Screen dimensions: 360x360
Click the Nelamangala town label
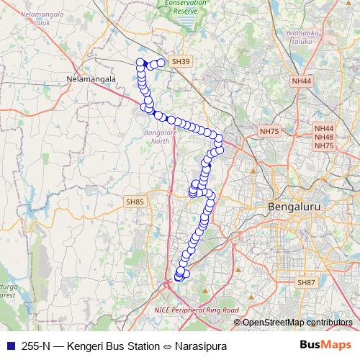[x=89, y=78]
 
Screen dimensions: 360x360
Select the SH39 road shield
[x=181, y=63]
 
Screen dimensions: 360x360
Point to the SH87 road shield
[x=307, y=283]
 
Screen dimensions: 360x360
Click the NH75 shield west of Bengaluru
[x=269, y=131]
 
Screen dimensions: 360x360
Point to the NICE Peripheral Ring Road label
[x=196, y=310]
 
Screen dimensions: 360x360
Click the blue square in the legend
[x=11, y=346]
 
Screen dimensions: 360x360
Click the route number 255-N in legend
[x=37, y=346]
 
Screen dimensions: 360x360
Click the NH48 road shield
[x=324, y=137]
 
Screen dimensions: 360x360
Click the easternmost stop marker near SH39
[x=161, y=63]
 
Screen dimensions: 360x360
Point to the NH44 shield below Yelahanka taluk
[x=302, y=81]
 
